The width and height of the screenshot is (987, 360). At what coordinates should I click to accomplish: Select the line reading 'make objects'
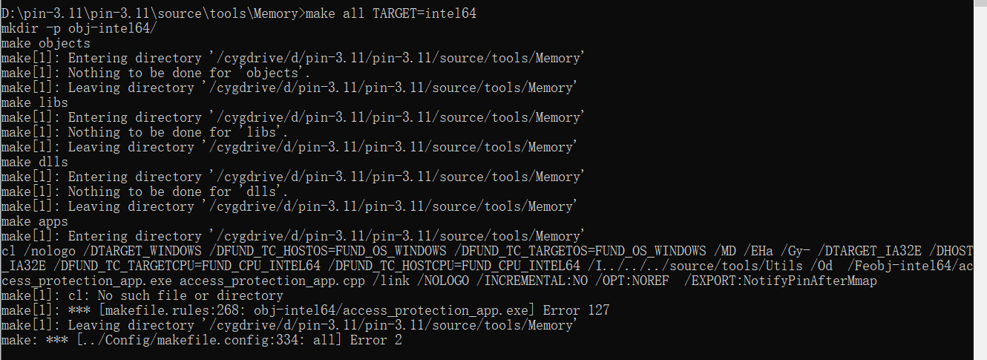(45, 43)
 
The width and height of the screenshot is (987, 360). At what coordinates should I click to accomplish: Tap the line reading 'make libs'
(34, 102)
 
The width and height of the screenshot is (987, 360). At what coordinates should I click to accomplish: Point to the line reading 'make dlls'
(34, 162)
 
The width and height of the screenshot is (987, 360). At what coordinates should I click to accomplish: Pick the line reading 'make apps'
(34, 221)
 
